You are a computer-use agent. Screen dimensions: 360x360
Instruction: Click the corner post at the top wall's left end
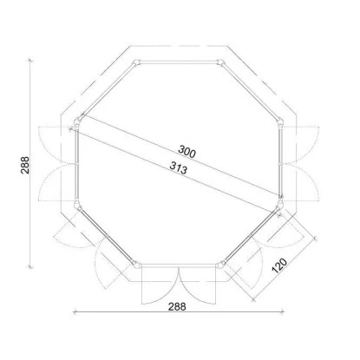coord(136,63)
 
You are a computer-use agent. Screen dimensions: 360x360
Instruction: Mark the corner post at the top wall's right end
coord(220,63)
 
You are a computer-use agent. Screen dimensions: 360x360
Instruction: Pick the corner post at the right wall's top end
coord(280,122)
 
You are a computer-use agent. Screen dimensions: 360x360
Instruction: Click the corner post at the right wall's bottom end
coord(280,206)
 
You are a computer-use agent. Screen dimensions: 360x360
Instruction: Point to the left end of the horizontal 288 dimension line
coord(75,311)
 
